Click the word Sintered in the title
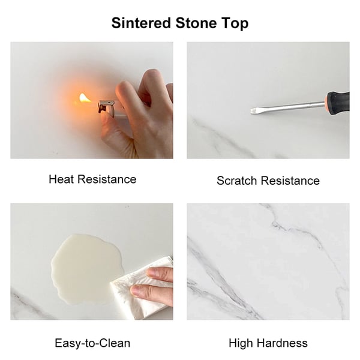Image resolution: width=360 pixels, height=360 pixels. pos(141,23)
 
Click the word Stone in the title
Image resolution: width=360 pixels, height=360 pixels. pos(196,23)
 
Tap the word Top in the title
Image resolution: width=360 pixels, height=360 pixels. pos(235,24)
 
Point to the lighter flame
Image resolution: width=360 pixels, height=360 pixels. pos(85,98)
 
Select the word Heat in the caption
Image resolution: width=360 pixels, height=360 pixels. pos(61,179)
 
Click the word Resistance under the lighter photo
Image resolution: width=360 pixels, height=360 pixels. pos(107,179)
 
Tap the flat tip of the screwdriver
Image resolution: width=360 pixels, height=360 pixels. pos(253,111)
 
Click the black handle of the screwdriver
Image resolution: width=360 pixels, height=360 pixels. pos(338,103)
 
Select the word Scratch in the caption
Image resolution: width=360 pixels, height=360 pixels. pos(237,181)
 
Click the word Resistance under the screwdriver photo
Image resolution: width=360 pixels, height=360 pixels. pos(290,181)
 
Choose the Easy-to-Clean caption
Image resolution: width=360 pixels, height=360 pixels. pos(92,343)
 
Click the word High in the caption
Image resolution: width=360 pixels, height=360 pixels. pos(241,343)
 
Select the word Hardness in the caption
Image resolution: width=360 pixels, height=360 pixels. pos(282,343)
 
